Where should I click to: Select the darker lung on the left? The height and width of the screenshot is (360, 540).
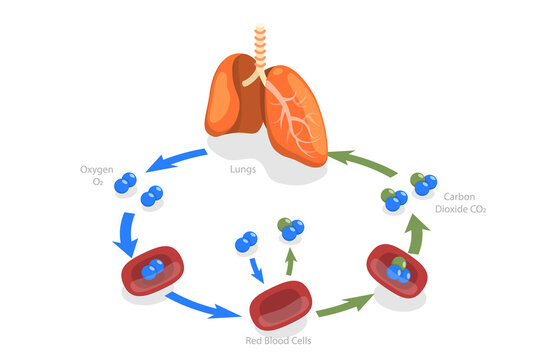233,100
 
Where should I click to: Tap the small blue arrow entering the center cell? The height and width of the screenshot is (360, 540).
257,270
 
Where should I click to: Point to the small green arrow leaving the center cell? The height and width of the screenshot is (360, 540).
291,262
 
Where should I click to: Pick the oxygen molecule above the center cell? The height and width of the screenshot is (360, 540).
246,242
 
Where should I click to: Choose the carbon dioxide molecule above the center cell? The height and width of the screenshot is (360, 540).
291,229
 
